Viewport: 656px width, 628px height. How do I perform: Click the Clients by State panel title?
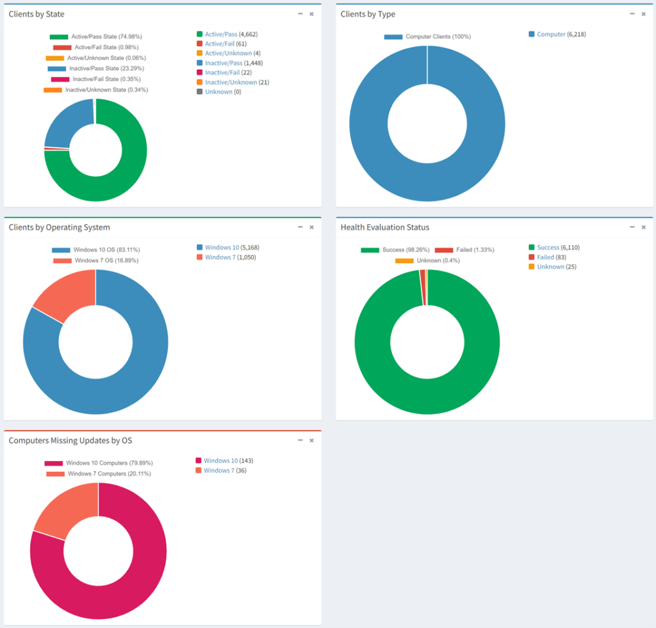click(x=37, y=14)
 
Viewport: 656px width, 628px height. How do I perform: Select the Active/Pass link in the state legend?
click(x=220, y=34)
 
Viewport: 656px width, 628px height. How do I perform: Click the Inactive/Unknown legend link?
click(x=231, y=82)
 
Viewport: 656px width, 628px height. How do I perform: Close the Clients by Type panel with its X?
click(x=643, y=14)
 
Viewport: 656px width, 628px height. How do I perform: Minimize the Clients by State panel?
click(x=300, y=14)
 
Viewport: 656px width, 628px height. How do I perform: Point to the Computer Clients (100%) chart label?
click(x=438, y=36)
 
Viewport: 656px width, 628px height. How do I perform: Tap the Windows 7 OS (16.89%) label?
click(x=106, y=261)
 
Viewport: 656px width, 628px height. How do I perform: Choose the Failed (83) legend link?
click(x=545, y=257)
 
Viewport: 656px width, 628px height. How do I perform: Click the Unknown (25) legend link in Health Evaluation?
click(x=550, y=266)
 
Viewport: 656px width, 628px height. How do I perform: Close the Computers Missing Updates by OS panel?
click(x=311, y=440)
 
